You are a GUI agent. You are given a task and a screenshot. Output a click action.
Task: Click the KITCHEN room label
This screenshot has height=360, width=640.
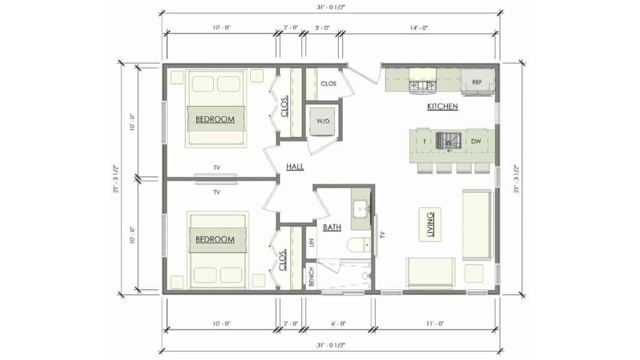click(x=442, y=107)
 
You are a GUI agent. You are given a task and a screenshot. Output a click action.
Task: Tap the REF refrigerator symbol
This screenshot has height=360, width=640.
click(x=477, y=82)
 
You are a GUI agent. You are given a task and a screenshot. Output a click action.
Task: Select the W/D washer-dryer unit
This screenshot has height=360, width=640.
click(x=323, y=121)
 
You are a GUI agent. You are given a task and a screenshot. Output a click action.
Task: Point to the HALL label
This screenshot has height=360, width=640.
click(x=295, y=167)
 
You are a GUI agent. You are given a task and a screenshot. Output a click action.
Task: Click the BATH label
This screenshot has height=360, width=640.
click(x=332, y=227)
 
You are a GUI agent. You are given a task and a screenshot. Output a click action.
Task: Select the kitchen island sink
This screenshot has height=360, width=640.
click(x=447, y=141)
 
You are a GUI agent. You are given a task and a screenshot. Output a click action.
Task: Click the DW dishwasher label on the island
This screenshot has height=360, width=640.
click(x=476, y=141)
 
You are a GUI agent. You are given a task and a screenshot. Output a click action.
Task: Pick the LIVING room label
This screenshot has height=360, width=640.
click(x=430, y=224)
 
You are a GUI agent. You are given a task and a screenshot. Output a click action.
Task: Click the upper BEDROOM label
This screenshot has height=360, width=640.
click(x=215, y=119)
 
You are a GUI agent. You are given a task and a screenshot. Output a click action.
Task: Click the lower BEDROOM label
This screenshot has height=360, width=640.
click(x=215, y=239)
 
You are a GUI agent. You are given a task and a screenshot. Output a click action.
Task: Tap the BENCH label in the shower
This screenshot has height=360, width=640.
click(x=311, y=277)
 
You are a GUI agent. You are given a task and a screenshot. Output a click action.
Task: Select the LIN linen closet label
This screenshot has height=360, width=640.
click(x=311, y=242)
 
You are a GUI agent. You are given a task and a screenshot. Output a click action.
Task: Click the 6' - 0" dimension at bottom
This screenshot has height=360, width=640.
click(x=337, y=324)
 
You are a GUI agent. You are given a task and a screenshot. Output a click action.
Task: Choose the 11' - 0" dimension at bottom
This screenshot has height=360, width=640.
click(x=436, y=324)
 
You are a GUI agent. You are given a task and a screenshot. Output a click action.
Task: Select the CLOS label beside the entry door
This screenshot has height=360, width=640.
click(x=329, y=83)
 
